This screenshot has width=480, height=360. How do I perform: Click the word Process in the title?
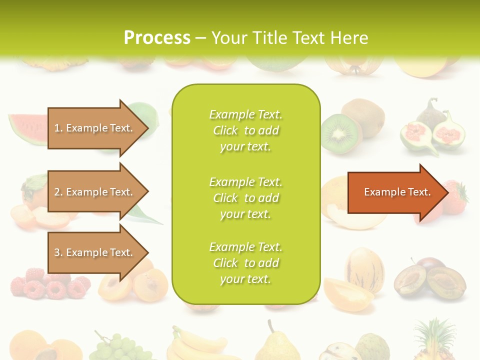click(x=157, y=38)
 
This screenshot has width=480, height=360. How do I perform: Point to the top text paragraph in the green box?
click(x=245, y=130)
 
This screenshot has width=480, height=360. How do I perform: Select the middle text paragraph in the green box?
click(x=245, y=198)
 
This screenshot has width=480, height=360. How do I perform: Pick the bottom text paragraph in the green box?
click(x=245, y=263)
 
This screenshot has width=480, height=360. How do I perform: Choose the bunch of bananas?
click(x=197, y=345)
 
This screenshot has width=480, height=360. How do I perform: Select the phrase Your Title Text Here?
click(x=289, y=38)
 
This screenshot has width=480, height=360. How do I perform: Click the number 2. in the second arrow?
click(x=58, y=192)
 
